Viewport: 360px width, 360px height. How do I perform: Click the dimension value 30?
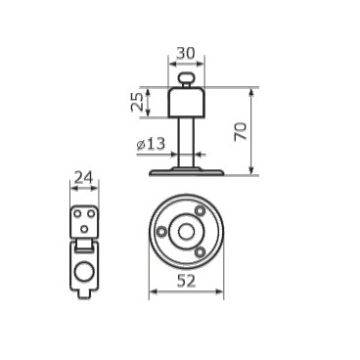pos(186,53)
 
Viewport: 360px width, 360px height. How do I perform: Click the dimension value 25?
pos(137,102)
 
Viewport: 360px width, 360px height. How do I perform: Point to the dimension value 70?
pos(241,131)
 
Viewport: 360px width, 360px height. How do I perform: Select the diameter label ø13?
pos(151,144)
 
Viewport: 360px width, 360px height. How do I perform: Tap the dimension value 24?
pos(84,178)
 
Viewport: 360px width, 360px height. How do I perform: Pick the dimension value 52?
pos(187,281)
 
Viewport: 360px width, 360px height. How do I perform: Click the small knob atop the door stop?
pos(186,78)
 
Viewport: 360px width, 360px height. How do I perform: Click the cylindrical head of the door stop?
pos(186,103)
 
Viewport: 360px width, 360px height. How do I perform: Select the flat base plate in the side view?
pos(186,172)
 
